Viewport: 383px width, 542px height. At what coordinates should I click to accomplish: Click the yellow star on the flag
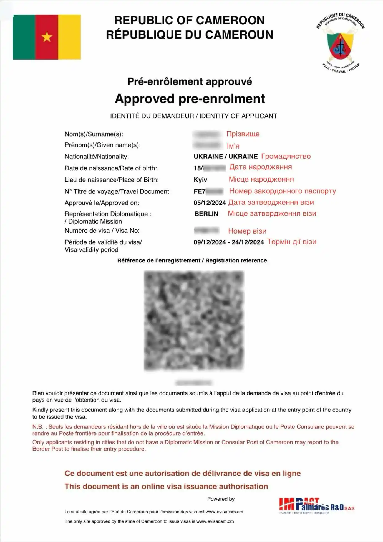click(x=47, y=37)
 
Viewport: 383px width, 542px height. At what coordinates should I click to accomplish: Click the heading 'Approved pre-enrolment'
click(x=190, y=99)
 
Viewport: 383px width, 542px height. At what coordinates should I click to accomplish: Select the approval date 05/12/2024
click(x=210, y=203)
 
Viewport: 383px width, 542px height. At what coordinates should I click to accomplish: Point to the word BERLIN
click(x=206, y=214)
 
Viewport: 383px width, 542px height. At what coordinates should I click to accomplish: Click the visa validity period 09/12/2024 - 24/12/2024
click(x=228, y=242)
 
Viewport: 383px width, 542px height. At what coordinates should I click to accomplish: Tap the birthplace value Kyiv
click(x=200, y=180)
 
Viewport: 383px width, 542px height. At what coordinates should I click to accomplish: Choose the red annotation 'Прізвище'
click(x=243, y=134)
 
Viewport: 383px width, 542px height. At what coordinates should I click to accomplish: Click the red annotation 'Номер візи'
click(x=247, y=231)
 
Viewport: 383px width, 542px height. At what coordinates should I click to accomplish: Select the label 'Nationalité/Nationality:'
click(x=97, y=157)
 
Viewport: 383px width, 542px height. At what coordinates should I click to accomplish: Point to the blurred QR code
click(x=194, y=321)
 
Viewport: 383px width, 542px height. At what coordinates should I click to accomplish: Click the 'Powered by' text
click(x=221, y=499)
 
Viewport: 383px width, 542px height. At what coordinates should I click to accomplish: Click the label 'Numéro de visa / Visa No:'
click(x=102, y=231)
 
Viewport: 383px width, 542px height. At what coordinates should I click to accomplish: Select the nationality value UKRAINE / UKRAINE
click(x=225, y=157)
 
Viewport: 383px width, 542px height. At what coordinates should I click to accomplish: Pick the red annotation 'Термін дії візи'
click(x=291, y=242)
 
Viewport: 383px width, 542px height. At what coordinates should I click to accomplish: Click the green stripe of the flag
click(x=24, y=37)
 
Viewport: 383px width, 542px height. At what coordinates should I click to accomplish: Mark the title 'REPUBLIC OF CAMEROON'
click(x=189, y=21)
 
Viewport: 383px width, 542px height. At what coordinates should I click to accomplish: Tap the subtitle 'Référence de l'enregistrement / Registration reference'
click(x=192, y=260)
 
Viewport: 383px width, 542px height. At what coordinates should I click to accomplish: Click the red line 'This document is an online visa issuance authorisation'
click(x=166, y=486)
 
